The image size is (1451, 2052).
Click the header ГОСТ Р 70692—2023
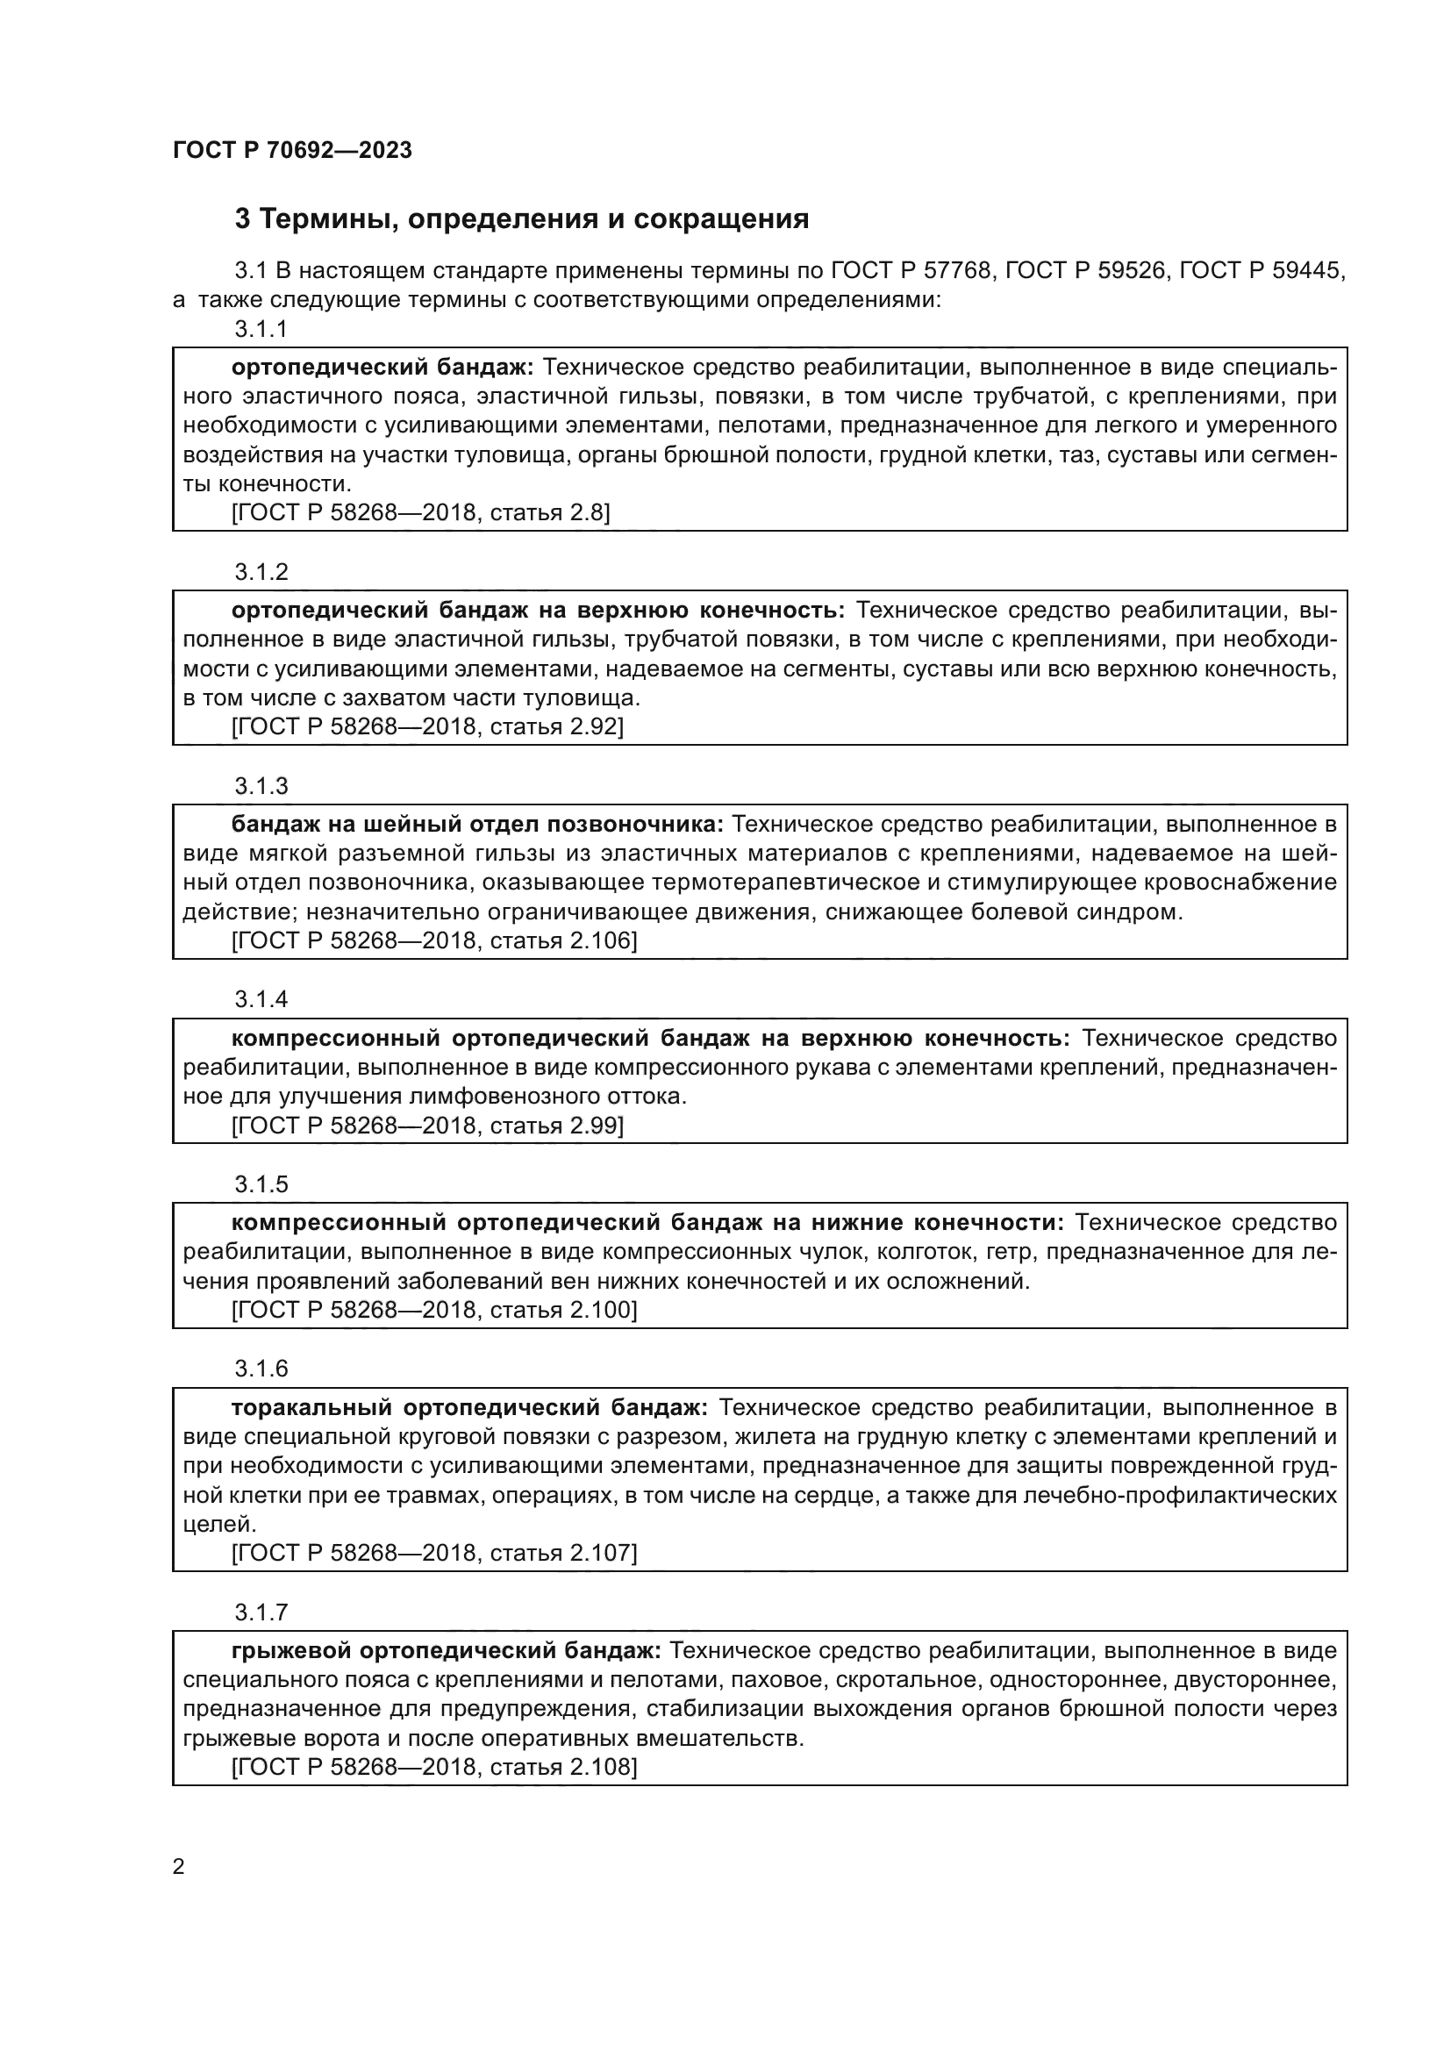click(292, 150)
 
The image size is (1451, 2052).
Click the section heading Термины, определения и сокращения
click(522, 219)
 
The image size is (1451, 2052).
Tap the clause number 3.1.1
click(261, 329)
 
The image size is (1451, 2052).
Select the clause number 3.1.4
click(261, 999)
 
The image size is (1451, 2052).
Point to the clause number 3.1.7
click(261, 1612)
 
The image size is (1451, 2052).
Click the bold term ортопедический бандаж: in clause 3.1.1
click(382, 368)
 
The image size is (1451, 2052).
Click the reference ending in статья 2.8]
click(421, 512)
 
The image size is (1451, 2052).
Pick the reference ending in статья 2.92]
click(427, 726)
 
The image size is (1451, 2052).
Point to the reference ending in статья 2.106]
click(434, 940)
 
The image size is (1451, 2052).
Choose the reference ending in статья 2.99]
click(427, 1126)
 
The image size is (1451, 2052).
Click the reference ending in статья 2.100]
click(434, 1310)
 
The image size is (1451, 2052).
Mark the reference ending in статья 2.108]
click(434, 1767)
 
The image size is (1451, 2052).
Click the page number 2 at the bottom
click(179, 1866)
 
